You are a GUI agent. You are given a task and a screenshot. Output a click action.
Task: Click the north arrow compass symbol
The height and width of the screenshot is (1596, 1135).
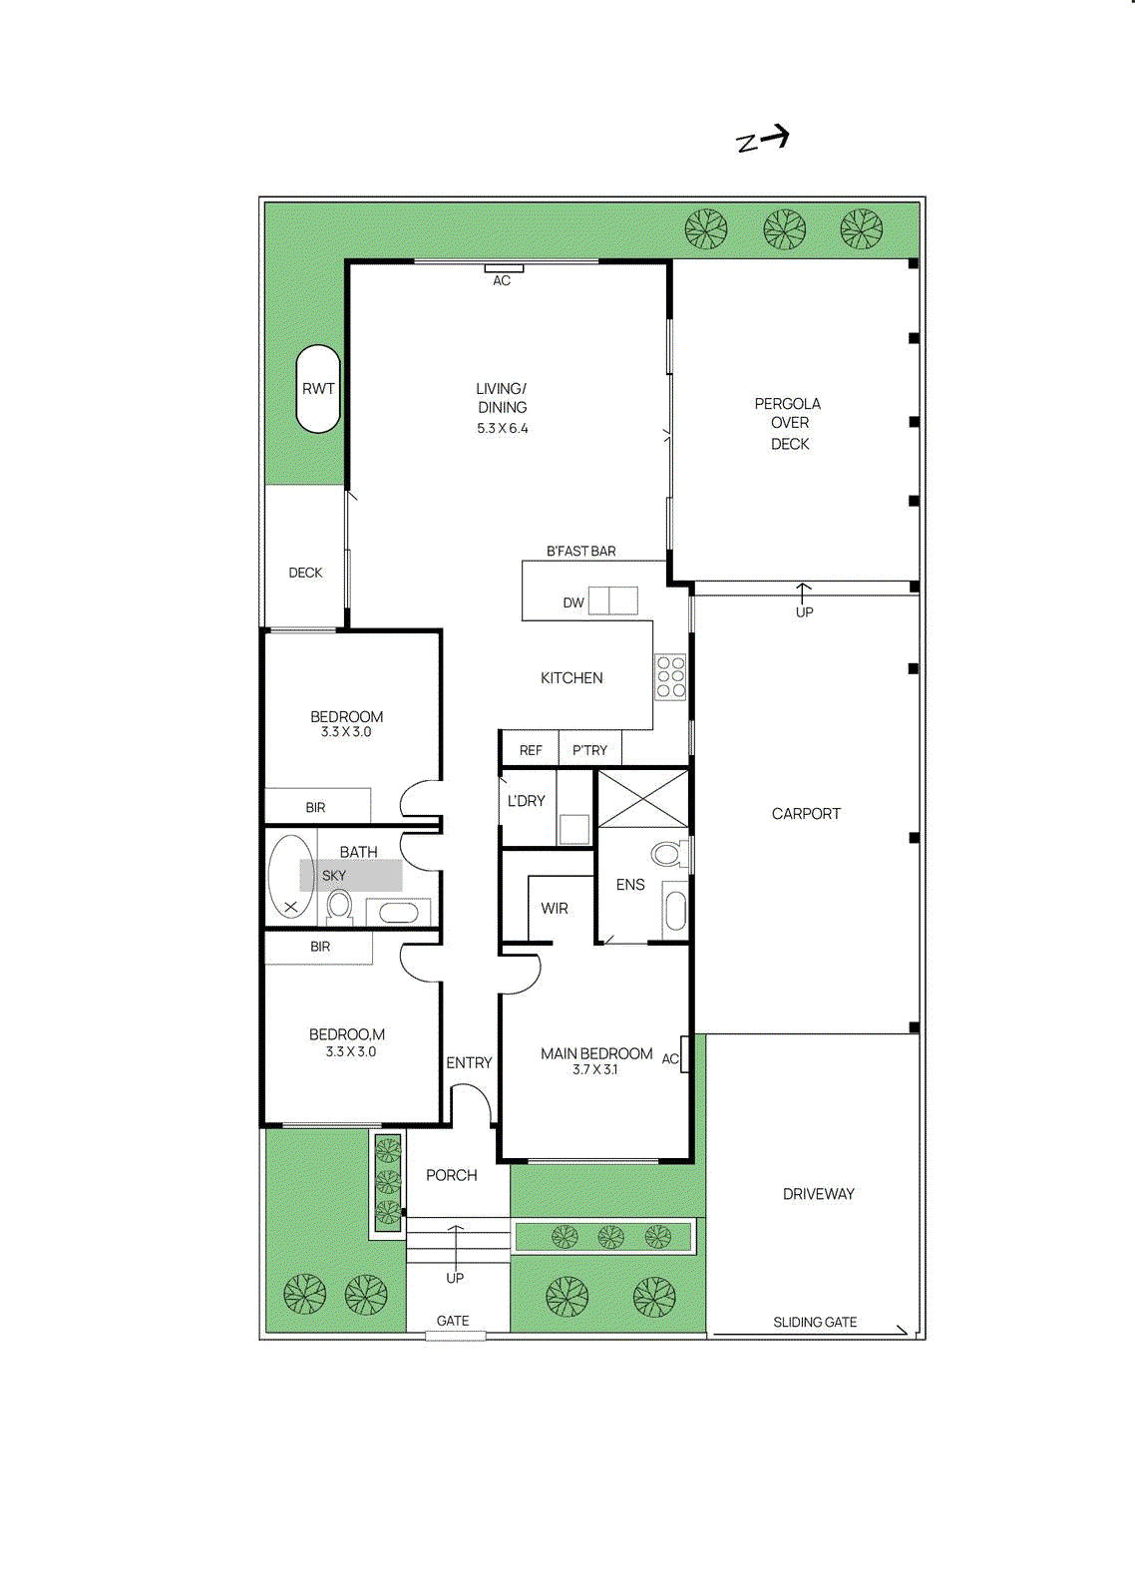click(x=763, y=139)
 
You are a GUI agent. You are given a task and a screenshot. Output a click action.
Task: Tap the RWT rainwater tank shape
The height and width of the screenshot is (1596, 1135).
click(x=318, y=389)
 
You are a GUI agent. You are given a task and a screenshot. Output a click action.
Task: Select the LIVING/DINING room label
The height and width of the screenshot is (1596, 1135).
click(x=502, y=398)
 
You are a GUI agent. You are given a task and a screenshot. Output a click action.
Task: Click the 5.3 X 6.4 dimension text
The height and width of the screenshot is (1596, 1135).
click(x=503, y=429)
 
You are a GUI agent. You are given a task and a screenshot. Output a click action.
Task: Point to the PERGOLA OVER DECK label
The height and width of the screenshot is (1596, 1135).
click(x=788, y=423)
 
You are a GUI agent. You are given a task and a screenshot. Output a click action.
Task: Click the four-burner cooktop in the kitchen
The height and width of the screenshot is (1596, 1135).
click(x=671, y=676)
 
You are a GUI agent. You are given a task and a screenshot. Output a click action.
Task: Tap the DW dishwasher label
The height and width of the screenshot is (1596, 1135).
click(x=573, y=602)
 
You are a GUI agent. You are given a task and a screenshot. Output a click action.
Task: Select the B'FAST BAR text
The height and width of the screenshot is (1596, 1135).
click(x=580, y=551)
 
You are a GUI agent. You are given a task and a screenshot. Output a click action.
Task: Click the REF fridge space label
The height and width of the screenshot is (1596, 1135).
click(x=531, y=750)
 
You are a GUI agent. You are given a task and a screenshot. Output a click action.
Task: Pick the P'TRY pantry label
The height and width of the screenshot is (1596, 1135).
click(x=589, y=750)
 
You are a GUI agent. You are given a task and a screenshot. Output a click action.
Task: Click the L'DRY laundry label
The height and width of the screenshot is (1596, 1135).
click(x=526, y=801)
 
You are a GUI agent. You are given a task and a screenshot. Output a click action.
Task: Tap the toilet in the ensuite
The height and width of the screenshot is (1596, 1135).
click(x=668, y=853)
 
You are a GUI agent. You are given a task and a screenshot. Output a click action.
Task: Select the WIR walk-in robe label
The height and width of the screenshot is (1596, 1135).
click(x=555, y=909)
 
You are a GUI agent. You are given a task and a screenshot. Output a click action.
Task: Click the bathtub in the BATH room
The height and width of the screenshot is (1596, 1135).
click(x=290, y=876)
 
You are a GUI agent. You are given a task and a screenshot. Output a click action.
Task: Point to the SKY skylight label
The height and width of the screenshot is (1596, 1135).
click(x=334, y=876)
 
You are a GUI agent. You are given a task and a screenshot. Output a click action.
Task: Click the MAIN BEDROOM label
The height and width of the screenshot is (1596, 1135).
click(x=596, y=1053)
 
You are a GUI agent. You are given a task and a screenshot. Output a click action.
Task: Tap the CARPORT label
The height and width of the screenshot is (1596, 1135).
click(x=806, y=814)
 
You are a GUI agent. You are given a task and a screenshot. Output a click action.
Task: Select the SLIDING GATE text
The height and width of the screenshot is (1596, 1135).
click(x=815, y=1322)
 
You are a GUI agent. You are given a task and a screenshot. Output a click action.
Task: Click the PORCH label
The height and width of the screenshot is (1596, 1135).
click(x=452, y=1175)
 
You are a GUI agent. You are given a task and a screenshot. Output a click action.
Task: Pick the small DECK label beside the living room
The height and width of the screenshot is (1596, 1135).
click(x=305, y=573)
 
